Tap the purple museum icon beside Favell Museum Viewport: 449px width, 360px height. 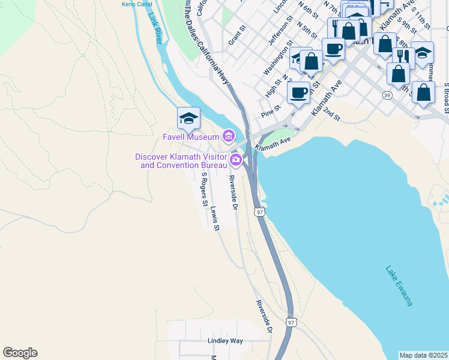point(228,137)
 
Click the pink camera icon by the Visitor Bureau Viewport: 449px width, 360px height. point(236,160)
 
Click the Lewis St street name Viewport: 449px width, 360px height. point(215,219)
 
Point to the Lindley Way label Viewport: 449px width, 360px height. point(225,341)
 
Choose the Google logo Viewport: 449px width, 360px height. point(20,353)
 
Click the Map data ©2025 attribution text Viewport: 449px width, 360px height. point(423,355)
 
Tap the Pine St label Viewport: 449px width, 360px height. point(271,112)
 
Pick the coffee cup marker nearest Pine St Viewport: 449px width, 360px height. point(298,92)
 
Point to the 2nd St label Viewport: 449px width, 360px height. point(331,113)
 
